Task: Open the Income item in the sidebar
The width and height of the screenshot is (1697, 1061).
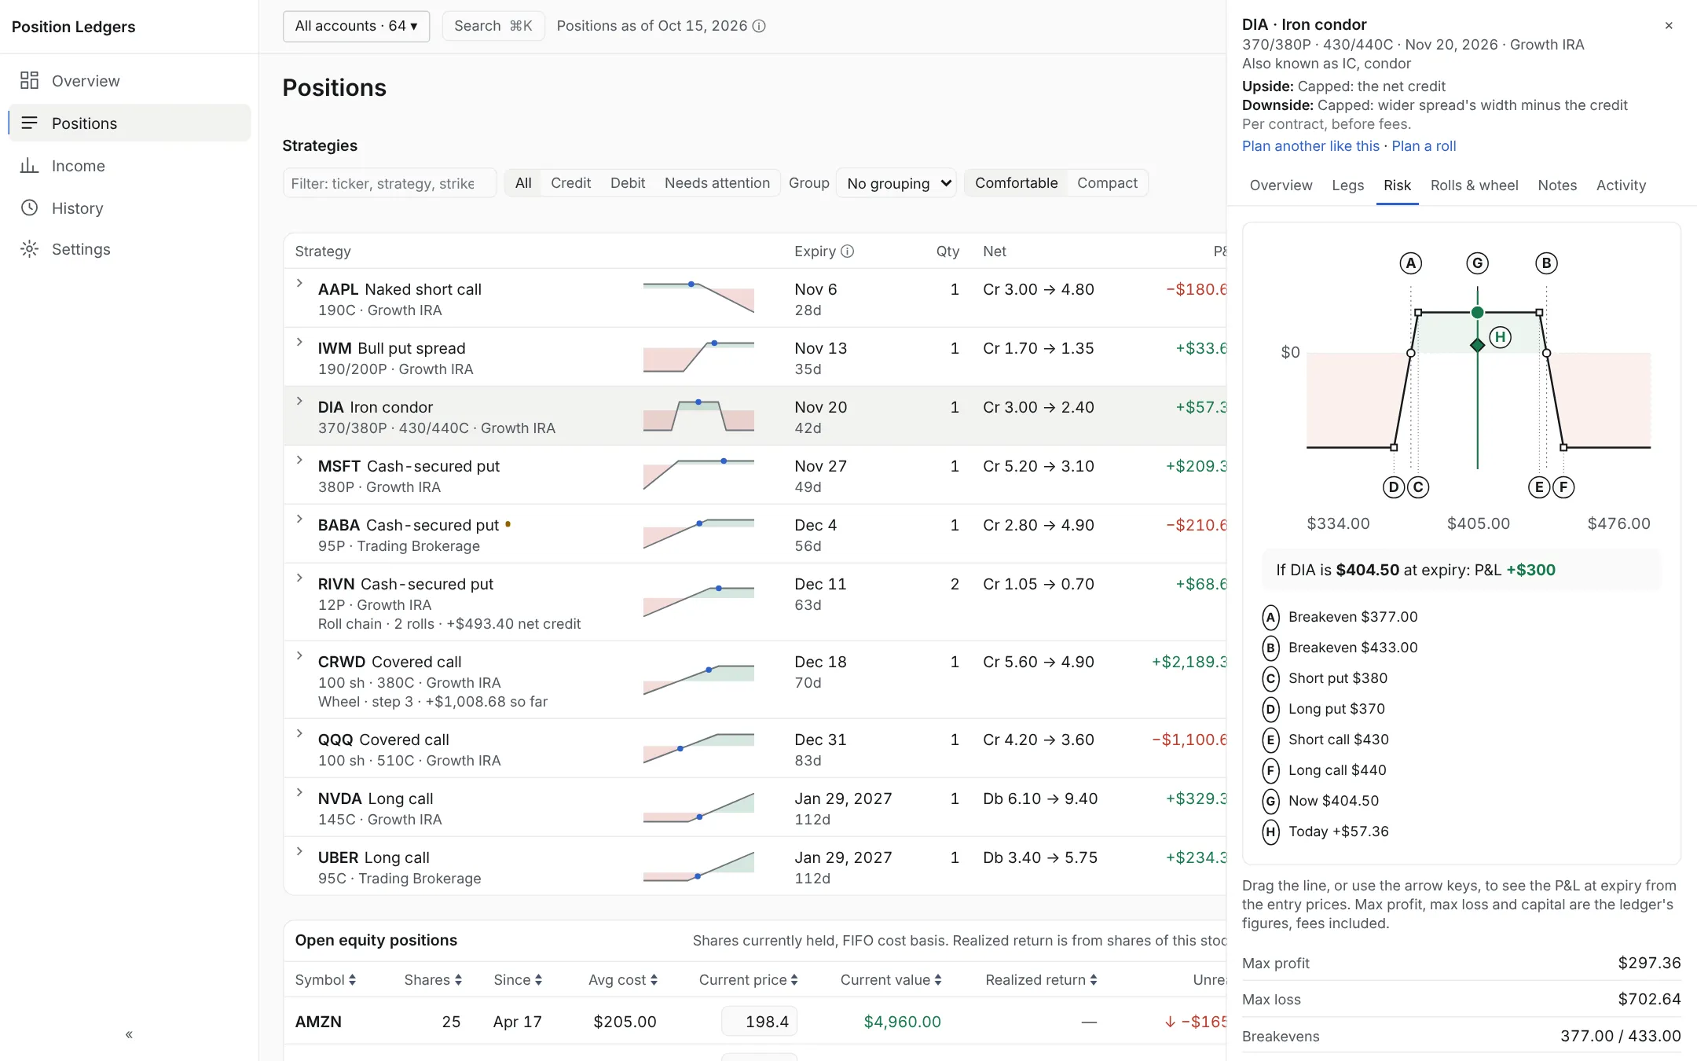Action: click(78, 166)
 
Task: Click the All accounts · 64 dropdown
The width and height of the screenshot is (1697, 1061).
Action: click(356, 26)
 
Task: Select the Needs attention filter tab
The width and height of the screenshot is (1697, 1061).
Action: click(717, 183)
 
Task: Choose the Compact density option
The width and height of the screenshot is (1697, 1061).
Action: click(1107, 183)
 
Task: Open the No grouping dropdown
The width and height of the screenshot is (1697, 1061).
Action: click(896, 183)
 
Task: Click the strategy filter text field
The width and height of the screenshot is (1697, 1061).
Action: click(390, 183)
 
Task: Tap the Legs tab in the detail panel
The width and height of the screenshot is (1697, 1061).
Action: click(1347, 185)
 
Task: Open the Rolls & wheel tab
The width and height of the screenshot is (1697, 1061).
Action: click(1474, 185)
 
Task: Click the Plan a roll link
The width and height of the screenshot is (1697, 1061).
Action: click(1424, 146)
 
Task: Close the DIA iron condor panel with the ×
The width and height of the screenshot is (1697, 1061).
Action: click(1669, 26)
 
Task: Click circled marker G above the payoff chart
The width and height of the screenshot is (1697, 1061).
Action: click(1477, 263)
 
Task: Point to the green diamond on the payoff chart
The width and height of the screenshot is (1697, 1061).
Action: click(1477, 345)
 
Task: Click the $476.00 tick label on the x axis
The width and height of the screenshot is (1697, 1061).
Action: click(1618, 523)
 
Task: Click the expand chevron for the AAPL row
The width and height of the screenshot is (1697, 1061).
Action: click(299, 283)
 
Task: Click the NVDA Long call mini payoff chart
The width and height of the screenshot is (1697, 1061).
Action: click(698, 808)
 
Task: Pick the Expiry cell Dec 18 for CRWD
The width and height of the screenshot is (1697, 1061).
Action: click(820, 662)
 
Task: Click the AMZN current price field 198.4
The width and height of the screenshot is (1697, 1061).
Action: click(759, 1022)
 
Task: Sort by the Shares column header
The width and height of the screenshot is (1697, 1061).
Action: click(433, 980)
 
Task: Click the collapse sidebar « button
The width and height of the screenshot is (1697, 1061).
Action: click(129, 1034)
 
